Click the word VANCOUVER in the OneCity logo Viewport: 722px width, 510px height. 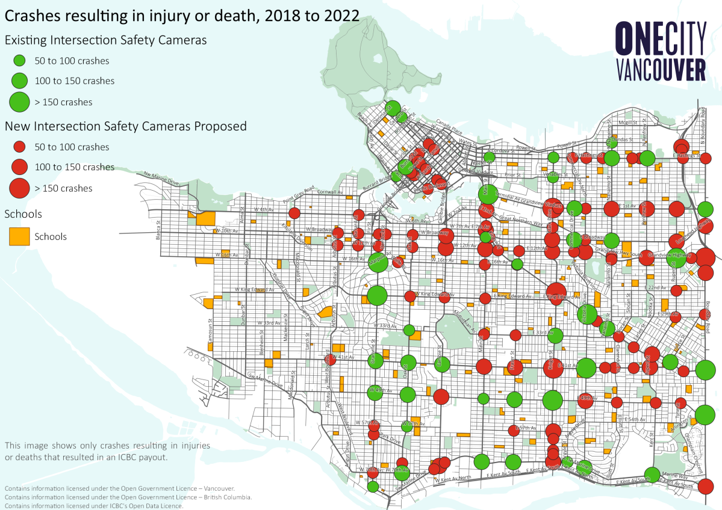tap(661, 70)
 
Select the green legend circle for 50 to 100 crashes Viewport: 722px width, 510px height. tap(19, 61)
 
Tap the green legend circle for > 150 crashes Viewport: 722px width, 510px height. tap(20, 102)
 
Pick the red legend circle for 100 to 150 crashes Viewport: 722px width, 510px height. tap(20, 167)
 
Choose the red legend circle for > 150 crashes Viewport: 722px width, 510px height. tap(20, 188)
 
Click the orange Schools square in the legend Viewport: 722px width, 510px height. tap(19, 236)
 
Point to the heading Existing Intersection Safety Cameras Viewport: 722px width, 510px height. tap(106, 40)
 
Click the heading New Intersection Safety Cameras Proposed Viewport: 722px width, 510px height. tap(125, 126)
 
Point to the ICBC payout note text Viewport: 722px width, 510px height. tap(107, 451)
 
